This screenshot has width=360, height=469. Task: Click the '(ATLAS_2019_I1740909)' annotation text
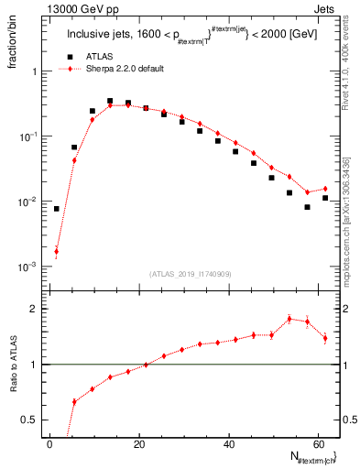[x=191, y=274]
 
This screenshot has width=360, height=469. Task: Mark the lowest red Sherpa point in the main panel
[x=56, y=251]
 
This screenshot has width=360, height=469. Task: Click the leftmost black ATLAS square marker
[x=56, y=209]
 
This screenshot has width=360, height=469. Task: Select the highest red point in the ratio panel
[x=289, y=319]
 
